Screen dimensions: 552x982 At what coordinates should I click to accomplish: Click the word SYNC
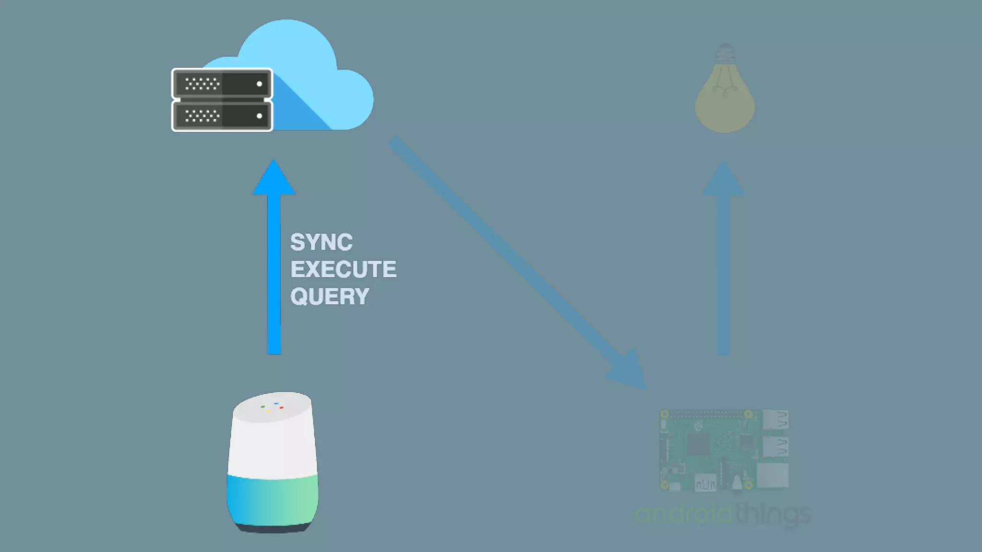(321, 242)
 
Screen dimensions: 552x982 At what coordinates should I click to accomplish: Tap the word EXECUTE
(343, 269)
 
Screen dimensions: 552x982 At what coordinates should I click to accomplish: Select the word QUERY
(329, 297)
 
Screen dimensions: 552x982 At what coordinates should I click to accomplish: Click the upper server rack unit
(222, 84)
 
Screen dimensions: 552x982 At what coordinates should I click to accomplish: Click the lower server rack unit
(222, 115)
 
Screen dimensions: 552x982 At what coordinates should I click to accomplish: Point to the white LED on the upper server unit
(259, 84)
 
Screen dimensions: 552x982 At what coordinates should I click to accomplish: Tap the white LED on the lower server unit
(259, 116)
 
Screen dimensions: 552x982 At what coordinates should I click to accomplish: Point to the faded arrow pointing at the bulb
(724, 259)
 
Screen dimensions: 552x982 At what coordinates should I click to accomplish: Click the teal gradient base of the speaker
(272, 498)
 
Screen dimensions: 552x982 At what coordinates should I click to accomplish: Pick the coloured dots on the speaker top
(272, 408)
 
